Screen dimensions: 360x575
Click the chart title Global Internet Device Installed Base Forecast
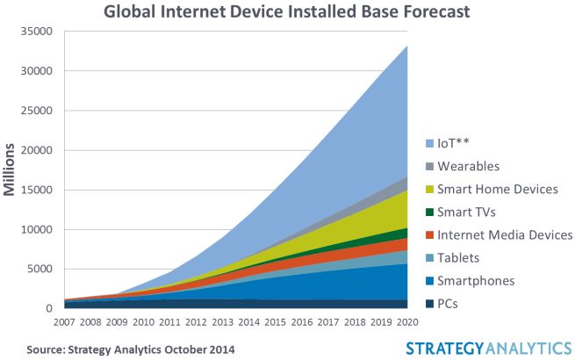[286, 11]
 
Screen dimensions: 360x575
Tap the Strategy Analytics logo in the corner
[486, 348]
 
